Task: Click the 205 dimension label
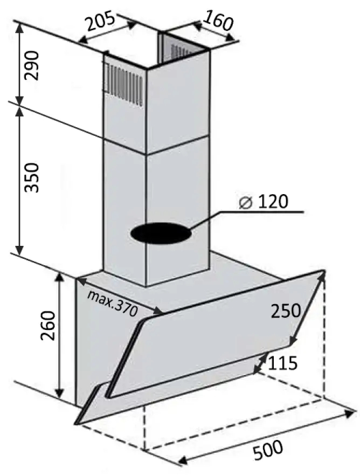100,21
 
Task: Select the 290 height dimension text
32,66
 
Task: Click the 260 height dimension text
48,326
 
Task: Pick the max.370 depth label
112,302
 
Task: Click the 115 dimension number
282,363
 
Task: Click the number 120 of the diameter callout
273,202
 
